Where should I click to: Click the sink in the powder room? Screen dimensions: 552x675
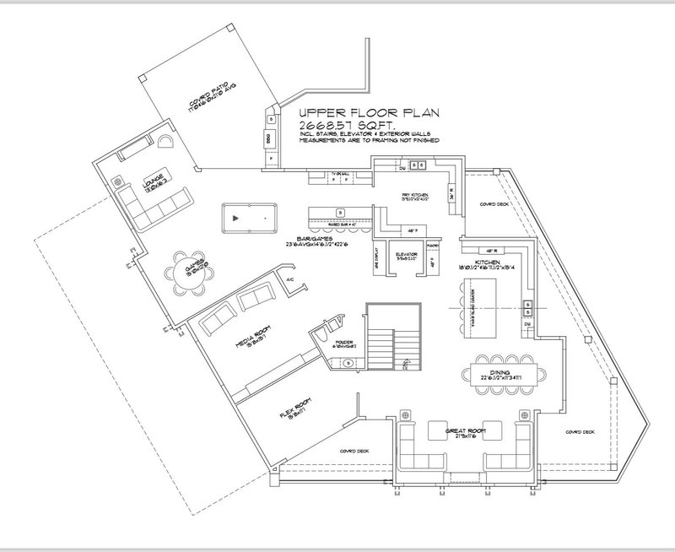pos(348,364)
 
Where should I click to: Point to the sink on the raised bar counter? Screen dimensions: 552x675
pos(339,211)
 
